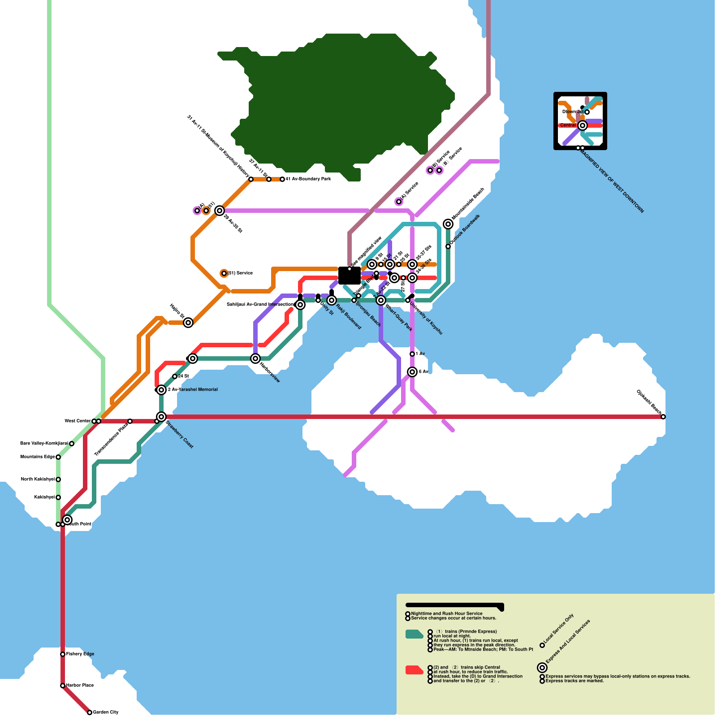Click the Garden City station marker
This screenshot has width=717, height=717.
click(90, 713)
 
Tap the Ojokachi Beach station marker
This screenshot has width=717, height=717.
click(663, 417)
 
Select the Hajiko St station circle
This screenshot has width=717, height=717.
click(188, 323)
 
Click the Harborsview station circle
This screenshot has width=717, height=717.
click(255, 358)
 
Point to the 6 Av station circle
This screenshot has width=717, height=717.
click(412, 372)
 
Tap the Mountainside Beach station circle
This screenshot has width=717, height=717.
click(448, 224)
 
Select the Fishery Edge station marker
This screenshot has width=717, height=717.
click(63, 654)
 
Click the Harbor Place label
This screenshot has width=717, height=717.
click(80, 686)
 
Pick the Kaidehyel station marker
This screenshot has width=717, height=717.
click(58, 497)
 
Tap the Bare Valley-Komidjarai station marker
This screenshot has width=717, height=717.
click(72, 444)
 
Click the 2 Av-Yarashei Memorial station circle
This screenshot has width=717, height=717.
click(161, 390)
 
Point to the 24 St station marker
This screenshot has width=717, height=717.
click(175, 376)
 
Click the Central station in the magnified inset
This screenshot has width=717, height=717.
click(583, 125)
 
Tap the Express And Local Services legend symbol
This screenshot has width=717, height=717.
click(542, 668)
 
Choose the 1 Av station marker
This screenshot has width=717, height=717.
click(412, 354)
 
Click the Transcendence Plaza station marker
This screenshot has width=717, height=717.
click(130, 421)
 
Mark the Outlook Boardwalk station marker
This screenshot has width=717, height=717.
click(448, 246)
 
